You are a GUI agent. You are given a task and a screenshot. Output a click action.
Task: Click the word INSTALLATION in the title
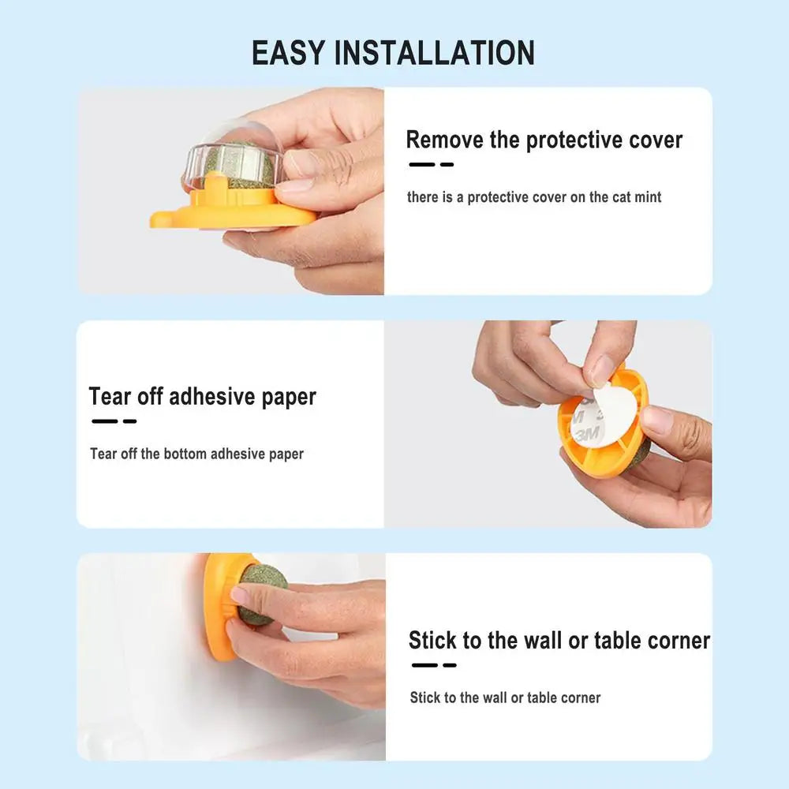click(x=435, y=53)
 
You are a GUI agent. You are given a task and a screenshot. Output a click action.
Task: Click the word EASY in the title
click(x=288, y=53)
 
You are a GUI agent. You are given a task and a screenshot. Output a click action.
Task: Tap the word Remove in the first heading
click(x=444, y=140)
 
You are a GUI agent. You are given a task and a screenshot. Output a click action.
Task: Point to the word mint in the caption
click(x=648, y=196)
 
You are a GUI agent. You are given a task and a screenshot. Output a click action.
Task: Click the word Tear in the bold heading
click(x=109, y=397)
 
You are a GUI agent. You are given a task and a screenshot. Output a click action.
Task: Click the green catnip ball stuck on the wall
click(x=260, y=594)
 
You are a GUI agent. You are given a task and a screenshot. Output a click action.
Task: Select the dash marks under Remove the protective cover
click(x=432, y=165)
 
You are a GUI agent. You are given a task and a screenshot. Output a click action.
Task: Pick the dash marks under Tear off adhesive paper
click(x=114, y=421)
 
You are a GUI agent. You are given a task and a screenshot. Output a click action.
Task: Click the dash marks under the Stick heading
click(x=434, y=665)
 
